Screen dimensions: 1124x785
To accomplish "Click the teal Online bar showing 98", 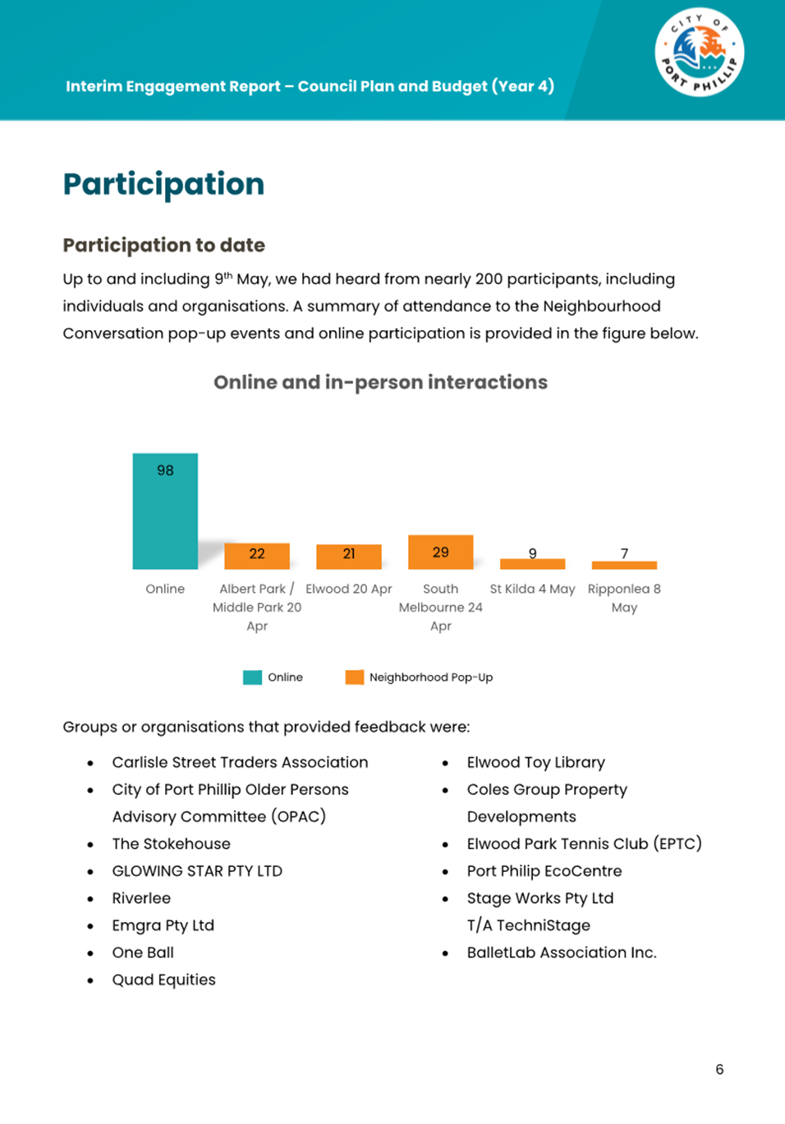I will [165, 511].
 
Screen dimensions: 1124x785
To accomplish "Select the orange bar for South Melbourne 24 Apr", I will [441, 552].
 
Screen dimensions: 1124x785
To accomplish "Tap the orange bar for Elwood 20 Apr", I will [349, 557].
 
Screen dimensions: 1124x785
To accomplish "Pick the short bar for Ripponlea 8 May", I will [624, 565].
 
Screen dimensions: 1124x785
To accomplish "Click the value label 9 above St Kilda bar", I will [533, 553].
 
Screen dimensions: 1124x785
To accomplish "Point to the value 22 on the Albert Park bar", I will [257, 554].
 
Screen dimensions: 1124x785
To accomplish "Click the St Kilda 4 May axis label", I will [532, 589].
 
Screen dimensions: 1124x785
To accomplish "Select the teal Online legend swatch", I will [252, 677].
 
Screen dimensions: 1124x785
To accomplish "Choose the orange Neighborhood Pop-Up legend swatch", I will [354, 677].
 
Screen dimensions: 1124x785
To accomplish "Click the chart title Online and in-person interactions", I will [380, 383].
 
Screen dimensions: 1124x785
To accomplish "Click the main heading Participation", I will [163, 184].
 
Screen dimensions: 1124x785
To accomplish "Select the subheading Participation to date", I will [163, 245].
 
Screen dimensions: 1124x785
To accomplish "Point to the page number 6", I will [719, 1069].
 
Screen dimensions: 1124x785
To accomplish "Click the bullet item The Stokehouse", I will [171, 844].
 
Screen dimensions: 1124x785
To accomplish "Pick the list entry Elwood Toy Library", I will [535, 763].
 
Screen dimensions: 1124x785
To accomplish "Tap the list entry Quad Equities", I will [163, 979].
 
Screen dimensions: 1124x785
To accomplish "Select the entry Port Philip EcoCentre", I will [544, 871].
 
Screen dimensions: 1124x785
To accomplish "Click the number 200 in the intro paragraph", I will [489, 279].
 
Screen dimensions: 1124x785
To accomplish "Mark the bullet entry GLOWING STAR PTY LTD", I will [197, 871].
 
